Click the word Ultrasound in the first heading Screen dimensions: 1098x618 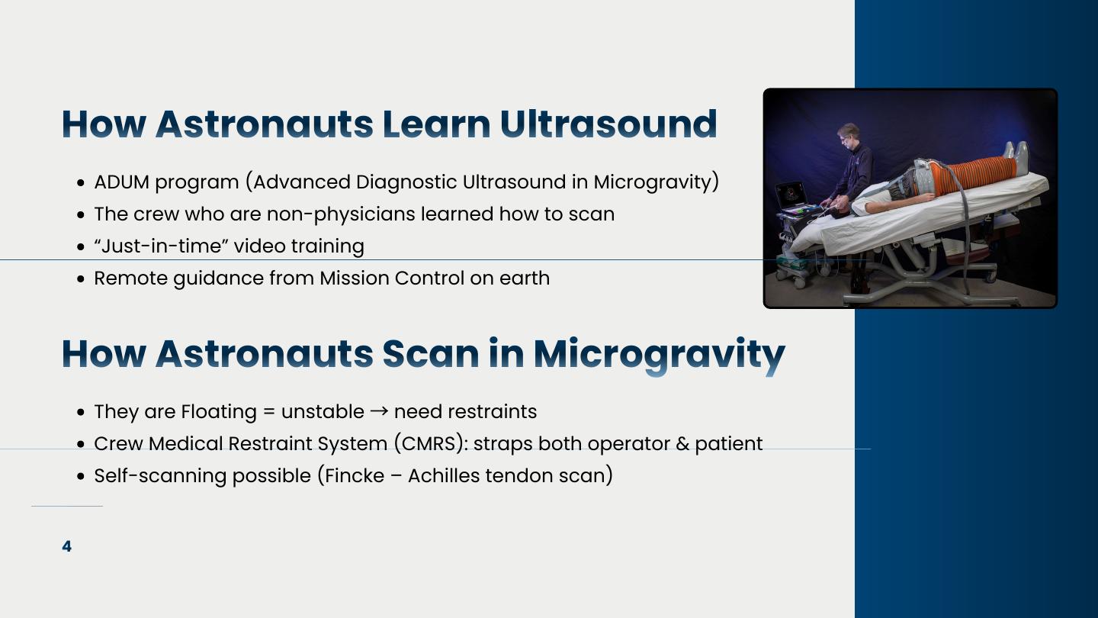tap(608, 124)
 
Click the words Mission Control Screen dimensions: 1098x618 tap(392, 278)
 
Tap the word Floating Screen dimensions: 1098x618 tap(219, 412)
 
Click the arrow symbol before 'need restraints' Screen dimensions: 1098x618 tap(379, 411)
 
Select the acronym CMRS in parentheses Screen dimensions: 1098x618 tap(429, 443)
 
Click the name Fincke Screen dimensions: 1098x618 tap(355, 476)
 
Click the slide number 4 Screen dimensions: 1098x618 tap(66, 546)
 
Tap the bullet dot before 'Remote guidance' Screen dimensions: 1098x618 tap(81, 279)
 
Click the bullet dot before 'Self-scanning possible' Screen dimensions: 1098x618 tap(81, 477)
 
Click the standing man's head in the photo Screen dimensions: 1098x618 tap(848, 134)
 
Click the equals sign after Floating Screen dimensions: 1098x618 tap(268, 411)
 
